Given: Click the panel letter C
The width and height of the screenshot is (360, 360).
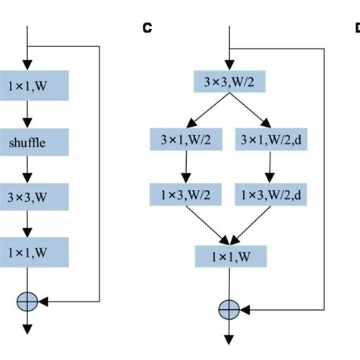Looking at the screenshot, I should tap(147, 29).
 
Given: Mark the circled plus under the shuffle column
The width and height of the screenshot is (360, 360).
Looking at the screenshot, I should tap(27, 301).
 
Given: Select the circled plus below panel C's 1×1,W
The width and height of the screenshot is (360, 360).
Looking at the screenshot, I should tap(229, 309).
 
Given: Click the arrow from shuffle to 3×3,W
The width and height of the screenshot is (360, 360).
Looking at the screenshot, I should tap(27, 168).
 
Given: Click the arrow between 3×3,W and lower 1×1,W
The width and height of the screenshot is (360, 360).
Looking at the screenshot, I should tap(27, 223).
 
